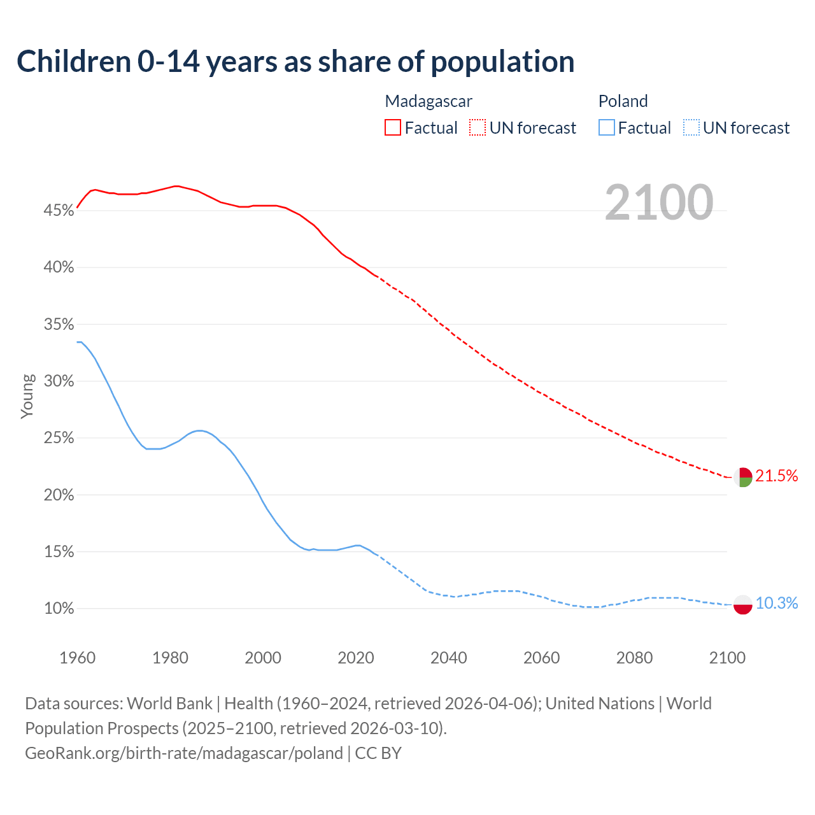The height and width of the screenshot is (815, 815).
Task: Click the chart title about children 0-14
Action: (x=295, y=62)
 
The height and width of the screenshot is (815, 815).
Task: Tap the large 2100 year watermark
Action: (x=659, y=202)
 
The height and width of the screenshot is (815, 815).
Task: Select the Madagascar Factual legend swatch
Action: (x=393, y=128)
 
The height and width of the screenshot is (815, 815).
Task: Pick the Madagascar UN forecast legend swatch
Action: (x=478, y=128)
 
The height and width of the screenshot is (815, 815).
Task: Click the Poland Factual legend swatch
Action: (x=606, y=128)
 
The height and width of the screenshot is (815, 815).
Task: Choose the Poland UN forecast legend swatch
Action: (x=691, y=128)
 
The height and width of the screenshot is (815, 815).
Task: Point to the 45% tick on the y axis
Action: (x=59, y=211)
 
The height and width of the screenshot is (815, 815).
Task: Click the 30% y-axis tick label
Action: (x=59, y=381)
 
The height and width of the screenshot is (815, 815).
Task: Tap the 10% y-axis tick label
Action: (x=59, y=609)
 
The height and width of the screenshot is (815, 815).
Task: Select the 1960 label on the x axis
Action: (x=78, y=658)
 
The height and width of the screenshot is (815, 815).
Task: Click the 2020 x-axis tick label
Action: (x=356, y=658)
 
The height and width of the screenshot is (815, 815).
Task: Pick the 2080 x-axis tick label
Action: (x=634, y=658)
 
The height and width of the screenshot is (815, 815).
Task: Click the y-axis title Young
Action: (x=27, y=396)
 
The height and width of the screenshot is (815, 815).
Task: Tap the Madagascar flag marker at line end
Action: (x=742, y=477)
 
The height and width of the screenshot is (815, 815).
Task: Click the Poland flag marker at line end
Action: (x=742, y=604)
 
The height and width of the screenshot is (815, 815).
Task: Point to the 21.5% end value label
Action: (x=776, y=476)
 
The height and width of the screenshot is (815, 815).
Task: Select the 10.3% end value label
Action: (x=776, y=604)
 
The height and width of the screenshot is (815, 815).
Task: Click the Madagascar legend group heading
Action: (x=429, y=101)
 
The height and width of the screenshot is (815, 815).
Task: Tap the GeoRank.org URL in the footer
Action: (x=183, y=753)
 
